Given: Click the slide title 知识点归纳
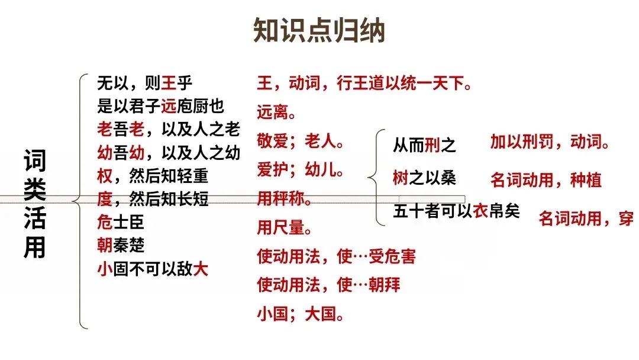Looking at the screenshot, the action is click(x=319, y=31).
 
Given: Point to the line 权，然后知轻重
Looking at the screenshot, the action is click(x=153, y=176).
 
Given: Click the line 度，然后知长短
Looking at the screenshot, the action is click(x=153, y=200).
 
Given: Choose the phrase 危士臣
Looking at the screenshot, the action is click(x=121, y=223).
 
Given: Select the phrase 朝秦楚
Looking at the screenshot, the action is click(x=121, y=245).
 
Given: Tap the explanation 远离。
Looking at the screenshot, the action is click(x=276, y=111).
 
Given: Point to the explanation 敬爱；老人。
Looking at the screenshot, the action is click(x=301, y=142).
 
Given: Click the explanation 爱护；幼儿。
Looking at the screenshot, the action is click(x=301, y=171).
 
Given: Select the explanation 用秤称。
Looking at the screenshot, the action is click(x=285, y=200).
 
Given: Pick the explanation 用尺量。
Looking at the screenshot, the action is click(x=285, y=227).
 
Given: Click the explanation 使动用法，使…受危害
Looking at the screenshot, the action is click(x=336, y=256).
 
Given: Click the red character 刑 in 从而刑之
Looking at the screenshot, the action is click(x=433, y=145).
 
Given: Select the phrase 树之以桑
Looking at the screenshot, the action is click(x=424, y=178).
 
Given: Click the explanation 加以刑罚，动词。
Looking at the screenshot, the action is click(x=550, y=142).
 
